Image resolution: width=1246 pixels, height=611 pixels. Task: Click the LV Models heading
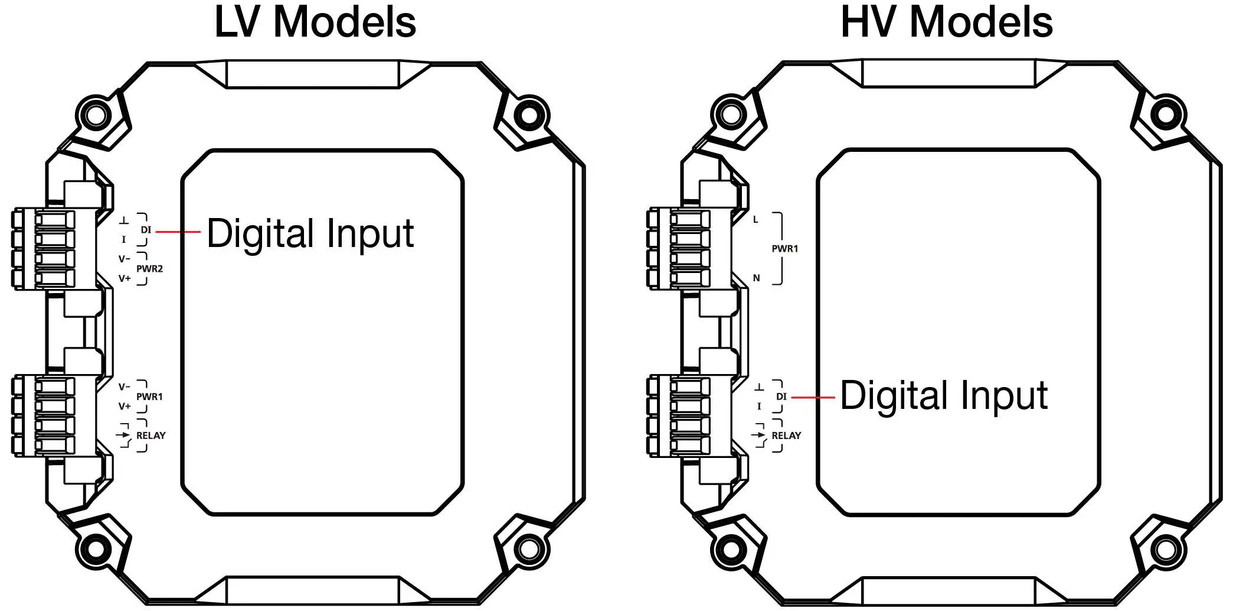[x=315, y=22]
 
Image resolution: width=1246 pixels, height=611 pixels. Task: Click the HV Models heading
[x=947, y=22]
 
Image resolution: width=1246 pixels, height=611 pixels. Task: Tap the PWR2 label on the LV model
[x=149, y=269]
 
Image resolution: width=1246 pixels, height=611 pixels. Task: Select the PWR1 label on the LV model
[x=149, y=397]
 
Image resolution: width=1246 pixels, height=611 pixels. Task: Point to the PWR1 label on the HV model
[x=784, y=249]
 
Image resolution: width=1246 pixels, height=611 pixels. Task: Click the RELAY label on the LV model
[x=151, y=435]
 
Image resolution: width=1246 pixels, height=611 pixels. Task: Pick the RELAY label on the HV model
[x=786, y=435]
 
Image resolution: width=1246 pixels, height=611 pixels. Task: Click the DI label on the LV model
[x=146, y=230]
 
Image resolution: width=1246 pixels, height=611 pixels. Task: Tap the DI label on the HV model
[x=781, y=397]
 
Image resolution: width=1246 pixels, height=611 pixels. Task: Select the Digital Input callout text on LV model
[x=310, y=233]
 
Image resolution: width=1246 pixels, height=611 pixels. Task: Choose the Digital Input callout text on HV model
[x=944, y=396]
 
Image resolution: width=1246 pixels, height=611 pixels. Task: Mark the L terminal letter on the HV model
[x=756, y=219]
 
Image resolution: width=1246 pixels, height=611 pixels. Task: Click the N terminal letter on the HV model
[x=756, y=278]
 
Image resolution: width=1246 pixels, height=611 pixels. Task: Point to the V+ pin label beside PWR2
[x=125, y=278]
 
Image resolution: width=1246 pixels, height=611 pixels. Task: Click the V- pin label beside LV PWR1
[x=124, y=387]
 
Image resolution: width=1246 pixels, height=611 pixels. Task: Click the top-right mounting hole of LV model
[x=529, y=115]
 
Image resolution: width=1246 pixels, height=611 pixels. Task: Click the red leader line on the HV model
[x=812, y=398]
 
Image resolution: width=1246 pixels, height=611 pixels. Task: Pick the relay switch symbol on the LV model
[x=124, y=435]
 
